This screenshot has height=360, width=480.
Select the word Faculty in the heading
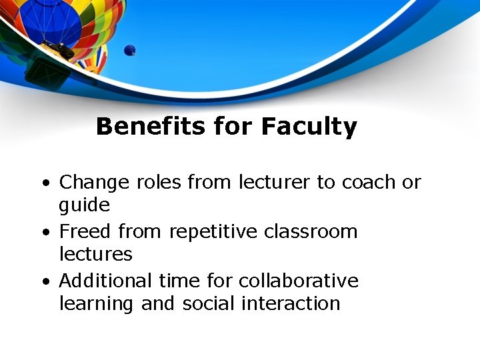[x=309, y=127]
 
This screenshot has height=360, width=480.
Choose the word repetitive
[x=213, y=231]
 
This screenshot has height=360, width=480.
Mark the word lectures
[x=96, y=254]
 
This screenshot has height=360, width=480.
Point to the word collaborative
[x=298, y=281]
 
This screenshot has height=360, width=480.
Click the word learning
[x=97, y=304]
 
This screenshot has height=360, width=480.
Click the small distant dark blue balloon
[x=129, y=50]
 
